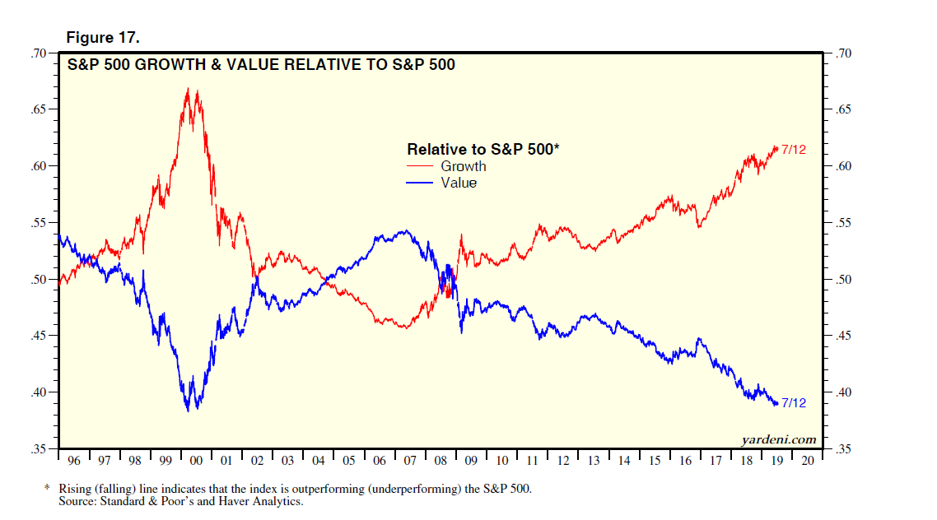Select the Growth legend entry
464,166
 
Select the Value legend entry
459,183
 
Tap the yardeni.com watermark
778,439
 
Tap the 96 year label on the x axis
74,461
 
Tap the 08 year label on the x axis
441,461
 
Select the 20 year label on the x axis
807,461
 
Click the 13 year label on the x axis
594,461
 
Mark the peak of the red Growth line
188,87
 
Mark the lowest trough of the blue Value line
189,411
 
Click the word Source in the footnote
76,501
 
